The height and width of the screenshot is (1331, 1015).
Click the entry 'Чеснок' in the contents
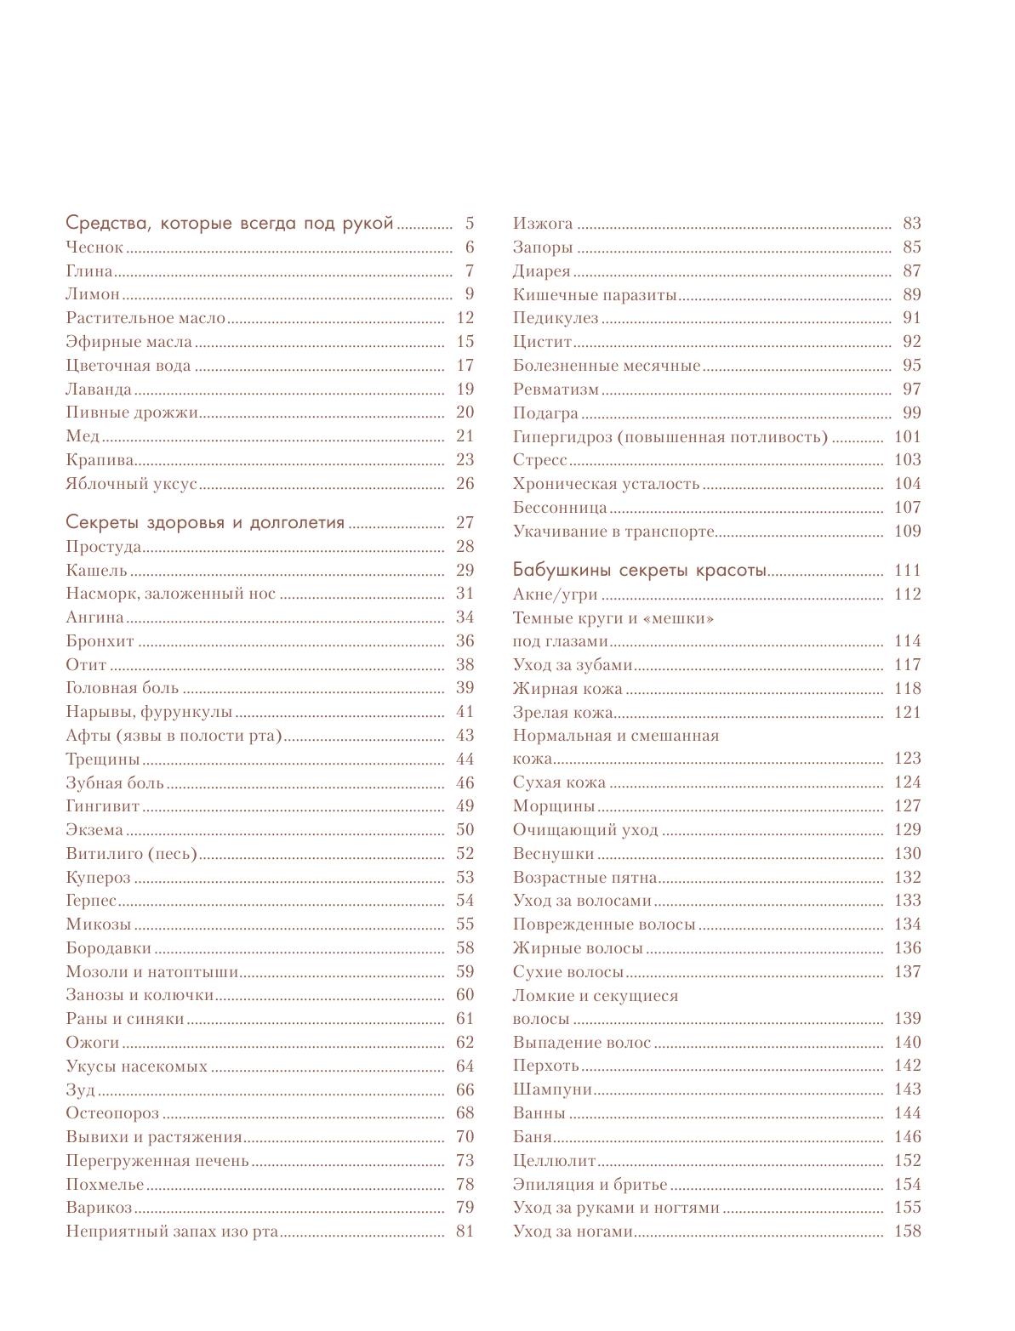coord(94,247)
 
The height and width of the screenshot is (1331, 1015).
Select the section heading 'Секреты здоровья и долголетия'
coord(205,522)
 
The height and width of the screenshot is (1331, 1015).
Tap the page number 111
coord(907,570)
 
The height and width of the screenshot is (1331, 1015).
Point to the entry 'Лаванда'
coord(99,390)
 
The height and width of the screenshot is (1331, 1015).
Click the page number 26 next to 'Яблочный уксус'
coord(465,483)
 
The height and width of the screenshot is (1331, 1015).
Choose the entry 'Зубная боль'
coord(115,783)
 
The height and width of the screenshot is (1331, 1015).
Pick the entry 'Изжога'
coord(543,224)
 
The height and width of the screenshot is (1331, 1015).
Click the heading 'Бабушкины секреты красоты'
coord(640,570)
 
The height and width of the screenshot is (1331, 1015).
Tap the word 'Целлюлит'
coord(555,1161)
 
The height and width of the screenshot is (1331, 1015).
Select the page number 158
coord(907,1231)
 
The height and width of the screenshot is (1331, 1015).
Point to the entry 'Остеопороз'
coord(112,1113)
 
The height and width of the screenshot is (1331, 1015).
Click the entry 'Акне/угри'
coord(556,594)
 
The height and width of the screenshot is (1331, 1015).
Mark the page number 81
coord(465,1231)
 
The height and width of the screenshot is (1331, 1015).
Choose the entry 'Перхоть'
coord(546,1066)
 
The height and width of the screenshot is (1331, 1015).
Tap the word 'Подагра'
coord(545,413)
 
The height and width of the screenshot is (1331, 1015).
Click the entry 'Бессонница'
coord(560,508)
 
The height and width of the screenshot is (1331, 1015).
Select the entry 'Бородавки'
coord(109,948)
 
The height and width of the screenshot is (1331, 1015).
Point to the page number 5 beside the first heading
coord(469,224)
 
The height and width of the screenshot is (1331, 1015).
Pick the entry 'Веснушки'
coord(554,854)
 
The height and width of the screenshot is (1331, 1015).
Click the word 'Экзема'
coord(94,830)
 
